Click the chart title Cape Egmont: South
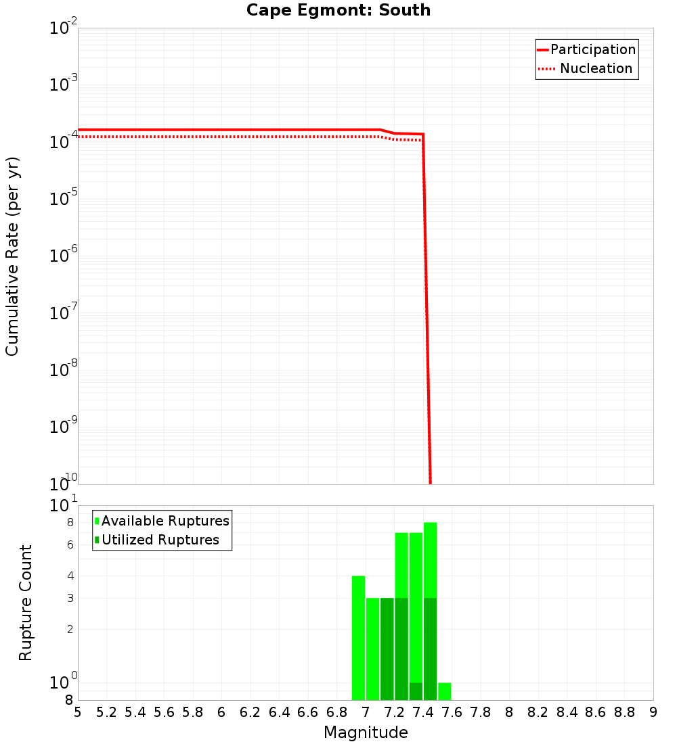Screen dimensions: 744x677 click(338, 10)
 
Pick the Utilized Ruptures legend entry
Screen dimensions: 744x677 click(160, 540)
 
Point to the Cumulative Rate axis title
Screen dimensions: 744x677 click(13, 256)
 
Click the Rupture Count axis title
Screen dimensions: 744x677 click(26, 603)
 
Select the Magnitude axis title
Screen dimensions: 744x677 click(366, 733)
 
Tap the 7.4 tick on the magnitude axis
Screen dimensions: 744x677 click(423, 712)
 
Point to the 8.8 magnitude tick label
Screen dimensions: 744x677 click(624, 712)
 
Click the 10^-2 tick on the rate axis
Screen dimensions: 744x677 click(64, 28)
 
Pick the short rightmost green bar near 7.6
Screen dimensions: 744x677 click(444, 691)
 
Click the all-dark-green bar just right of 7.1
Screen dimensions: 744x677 click(387, 649)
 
